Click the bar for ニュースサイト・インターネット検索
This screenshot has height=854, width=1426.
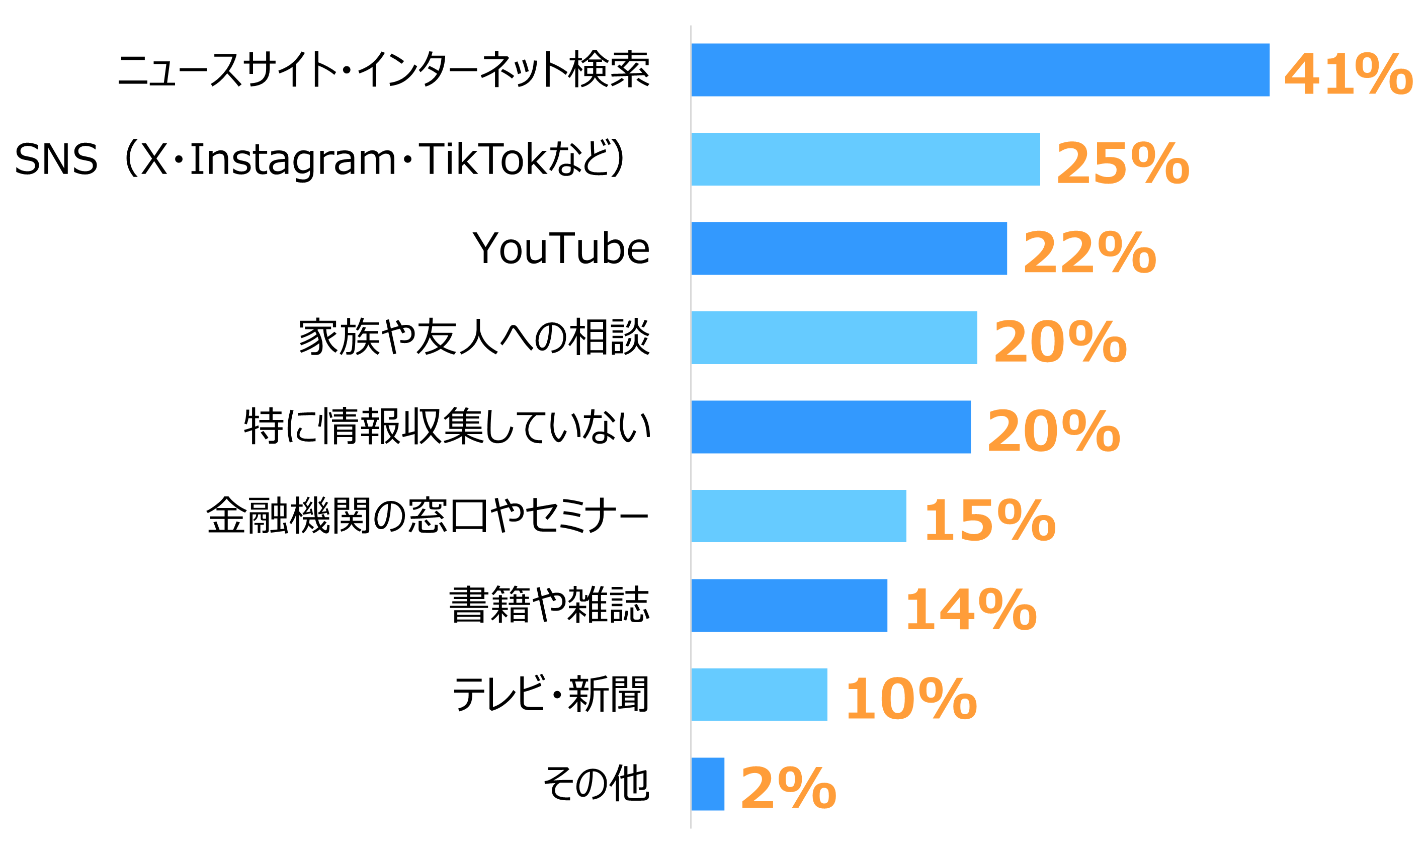pos(979,69)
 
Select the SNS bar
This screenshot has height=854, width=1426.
pos(865,159)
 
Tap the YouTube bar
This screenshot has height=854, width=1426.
pos(849,248)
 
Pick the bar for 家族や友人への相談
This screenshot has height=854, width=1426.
pos(834,337)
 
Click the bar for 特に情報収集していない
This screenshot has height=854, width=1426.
pos(830,426)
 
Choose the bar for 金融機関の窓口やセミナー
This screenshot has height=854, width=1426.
pos(798,516)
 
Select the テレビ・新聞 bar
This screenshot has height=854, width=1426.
pos(759,694)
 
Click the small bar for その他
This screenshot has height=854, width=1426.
pos(707,784)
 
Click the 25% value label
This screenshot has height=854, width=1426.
pos(1122,164)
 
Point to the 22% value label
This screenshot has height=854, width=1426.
pos(1089,253)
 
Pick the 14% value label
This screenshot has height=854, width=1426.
pos(970,610)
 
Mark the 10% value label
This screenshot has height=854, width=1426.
pos(910,699)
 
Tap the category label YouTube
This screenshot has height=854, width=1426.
pos(560,248)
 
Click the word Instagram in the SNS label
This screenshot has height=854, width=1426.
pos(292,160)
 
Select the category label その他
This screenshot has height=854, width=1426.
pos(596,784)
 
